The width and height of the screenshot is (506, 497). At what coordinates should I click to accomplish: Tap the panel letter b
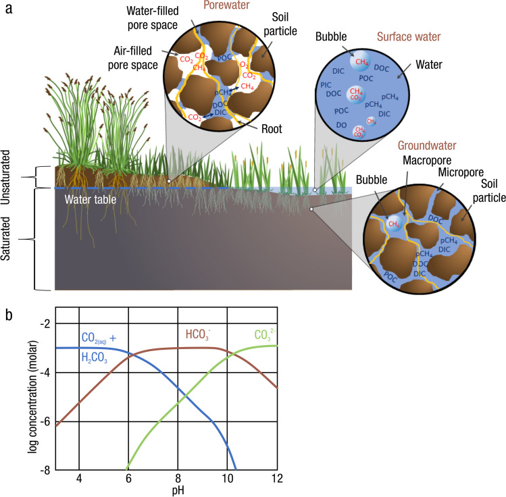click(9, 315)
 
